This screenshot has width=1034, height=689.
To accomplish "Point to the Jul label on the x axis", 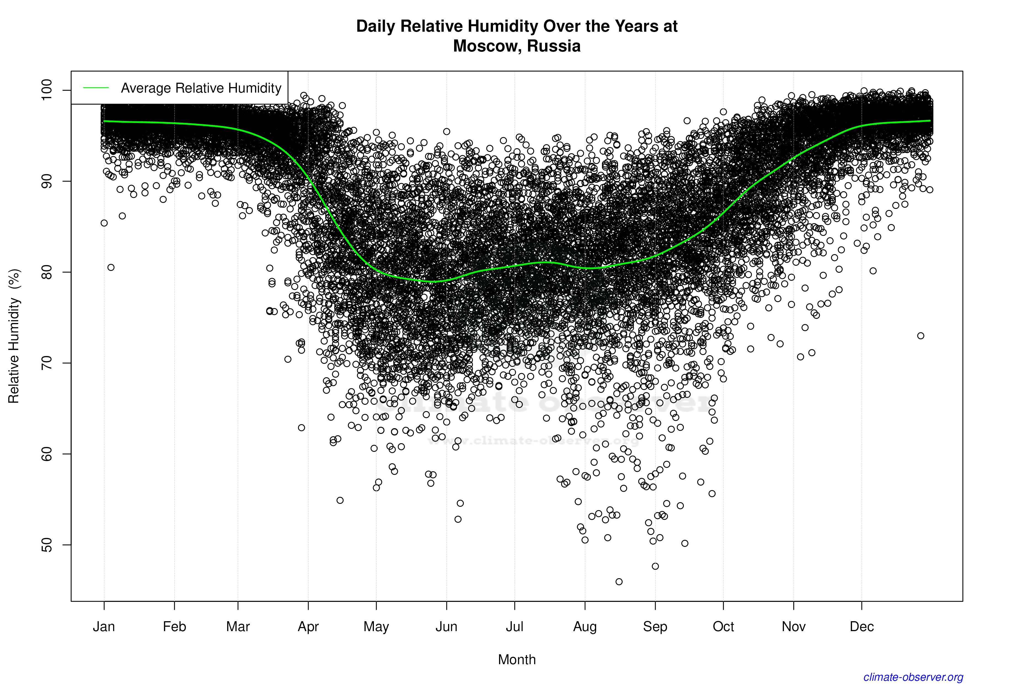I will coord(514,627).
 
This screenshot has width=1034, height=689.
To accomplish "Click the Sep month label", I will coord(655,627).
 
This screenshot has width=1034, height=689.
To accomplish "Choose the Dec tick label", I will coord(862,627).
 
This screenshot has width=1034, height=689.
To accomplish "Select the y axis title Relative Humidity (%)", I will coord(14,336).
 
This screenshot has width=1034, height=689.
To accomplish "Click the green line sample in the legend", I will coord(96,88).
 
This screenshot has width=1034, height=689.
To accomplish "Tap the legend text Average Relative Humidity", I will coord(201,88).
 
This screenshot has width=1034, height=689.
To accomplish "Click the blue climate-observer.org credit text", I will coord(913,677).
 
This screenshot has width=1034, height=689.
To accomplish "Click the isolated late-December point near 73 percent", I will coord(921,336).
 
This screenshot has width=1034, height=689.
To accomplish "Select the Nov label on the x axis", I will coord(794,627).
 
